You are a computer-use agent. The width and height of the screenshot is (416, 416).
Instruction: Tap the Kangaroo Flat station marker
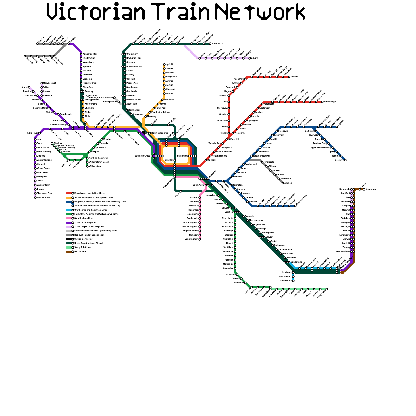81,54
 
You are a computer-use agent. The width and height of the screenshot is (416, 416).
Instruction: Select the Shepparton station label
218,44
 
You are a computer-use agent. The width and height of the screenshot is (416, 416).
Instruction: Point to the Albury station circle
250,58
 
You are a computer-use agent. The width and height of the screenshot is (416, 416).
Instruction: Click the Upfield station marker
164,64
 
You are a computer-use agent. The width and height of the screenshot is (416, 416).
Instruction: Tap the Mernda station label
294,77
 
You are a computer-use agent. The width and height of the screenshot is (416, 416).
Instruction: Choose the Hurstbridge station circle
322,102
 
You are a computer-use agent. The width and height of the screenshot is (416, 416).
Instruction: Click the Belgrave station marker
345,160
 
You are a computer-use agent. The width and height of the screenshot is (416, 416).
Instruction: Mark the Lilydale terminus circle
337,127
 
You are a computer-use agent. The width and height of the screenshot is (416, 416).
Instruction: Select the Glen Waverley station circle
295,206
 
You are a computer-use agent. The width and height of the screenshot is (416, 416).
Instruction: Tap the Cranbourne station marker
293,281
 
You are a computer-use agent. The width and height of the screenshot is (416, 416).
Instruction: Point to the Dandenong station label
296,262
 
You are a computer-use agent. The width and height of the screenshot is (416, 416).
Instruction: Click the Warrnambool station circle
35,198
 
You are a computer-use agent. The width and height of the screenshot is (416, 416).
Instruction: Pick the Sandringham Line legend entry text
83,218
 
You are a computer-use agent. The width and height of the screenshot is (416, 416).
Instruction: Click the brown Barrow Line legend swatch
69,252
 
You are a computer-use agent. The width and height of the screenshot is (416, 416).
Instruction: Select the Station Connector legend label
83,239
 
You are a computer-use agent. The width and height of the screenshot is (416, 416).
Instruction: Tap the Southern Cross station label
142,156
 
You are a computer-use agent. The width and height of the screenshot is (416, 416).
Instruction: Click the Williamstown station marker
87,166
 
